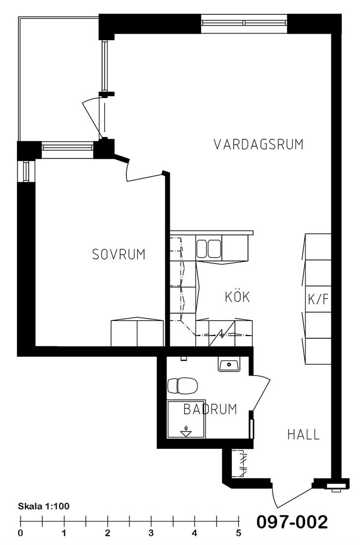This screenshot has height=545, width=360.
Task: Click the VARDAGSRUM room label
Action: point(258,144)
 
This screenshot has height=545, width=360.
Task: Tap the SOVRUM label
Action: point(118,255)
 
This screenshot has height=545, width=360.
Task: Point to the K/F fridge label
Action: point(318,299)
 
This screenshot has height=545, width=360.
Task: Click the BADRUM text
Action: point(210,409)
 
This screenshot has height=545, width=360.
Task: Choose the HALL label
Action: point(304,435)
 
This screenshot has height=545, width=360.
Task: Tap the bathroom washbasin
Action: point(229,365)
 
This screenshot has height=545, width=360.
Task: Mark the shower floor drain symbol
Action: point(186,431)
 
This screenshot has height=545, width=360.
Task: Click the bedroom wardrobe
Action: point(137,332)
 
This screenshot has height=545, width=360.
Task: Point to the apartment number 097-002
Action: point(292,522)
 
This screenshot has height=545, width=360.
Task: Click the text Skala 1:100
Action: point(44,506)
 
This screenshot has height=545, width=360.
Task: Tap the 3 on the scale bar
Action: point(151,533)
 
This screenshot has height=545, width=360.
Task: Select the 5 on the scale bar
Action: point(238,533)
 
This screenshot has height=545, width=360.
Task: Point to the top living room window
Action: point(244,23)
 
